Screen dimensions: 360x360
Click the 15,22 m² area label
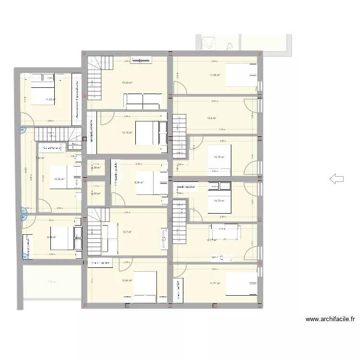[127, 83]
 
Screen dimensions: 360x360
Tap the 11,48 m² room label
[215, 75]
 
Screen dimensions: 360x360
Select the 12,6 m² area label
[212, 119]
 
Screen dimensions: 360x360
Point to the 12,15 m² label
[127, 133]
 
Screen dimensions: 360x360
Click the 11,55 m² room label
[50, 100]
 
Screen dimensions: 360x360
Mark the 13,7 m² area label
[127, 232]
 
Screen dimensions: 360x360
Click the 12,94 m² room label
[127, 280]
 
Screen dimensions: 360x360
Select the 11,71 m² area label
[215, 283]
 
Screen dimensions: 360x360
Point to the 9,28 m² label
[52, 237]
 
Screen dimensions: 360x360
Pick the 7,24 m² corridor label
[40, 158]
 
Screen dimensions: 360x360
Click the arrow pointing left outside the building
[336, 179]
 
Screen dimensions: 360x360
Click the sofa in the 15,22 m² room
[144, 101]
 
